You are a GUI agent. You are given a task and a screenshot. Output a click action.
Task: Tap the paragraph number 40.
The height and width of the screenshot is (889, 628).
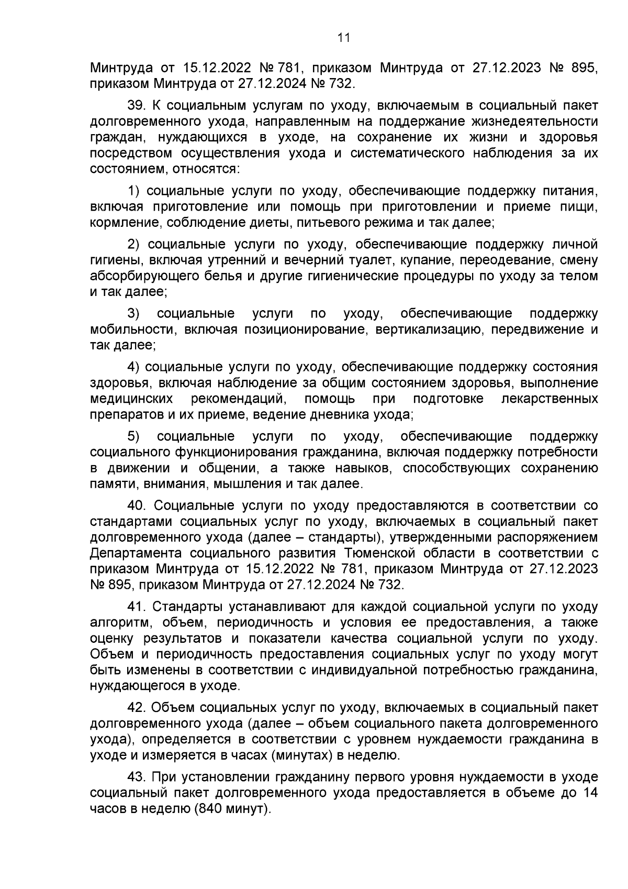tap(139, 506)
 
